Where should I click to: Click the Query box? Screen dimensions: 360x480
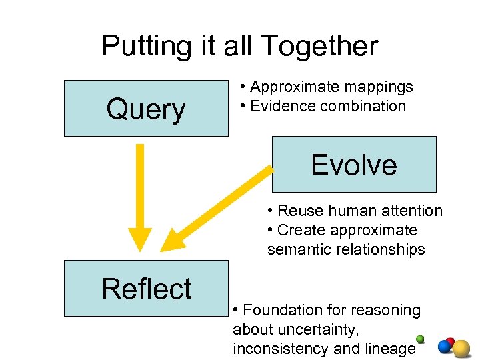coord(146,109)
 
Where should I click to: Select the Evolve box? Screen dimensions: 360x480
coord(354,165)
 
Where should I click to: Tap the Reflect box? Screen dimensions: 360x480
coord(146,288)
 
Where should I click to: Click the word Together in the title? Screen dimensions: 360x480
coord(319,46)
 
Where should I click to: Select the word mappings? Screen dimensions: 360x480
coord(379,87)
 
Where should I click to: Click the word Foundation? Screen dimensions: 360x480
coord(287,310)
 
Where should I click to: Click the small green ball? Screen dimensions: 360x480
coord(420,338)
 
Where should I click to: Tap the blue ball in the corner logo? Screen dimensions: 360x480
coord(444,347)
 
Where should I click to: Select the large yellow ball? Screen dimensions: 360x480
coord(461,348)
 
